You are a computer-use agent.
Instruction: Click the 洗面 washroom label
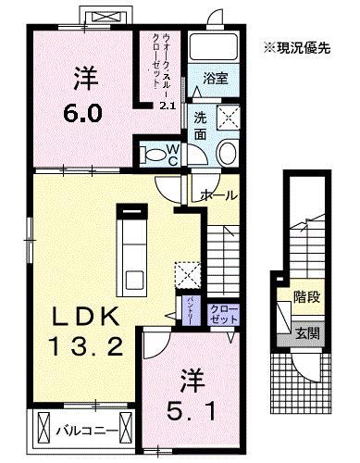coord(201,124)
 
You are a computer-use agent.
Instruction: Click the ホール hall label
coord(217,195)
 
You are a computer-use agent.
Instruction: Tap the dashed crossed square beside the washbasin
coord(227,118)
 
